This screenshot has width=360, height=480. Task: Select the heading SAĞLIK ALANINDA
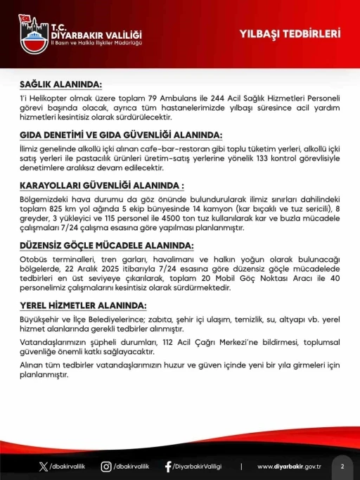[x=60, y=84]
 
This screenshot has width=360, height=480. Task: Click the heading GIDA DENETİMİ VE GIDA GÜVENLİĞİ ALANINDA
[x=112, y=134]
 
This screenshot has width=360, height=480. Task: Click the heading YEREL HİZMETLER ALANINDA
[x=84, y=306]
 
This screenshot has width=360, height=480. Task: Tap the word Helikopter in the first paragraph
[x=49, y=97]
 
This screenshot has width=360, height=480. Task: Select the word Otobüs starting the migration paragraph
[x=32, y=259]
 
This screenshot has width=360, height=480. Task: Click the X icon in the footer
[x=44, y=466]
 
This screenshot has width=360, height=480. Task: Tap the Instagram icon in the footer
[x=106, y=466]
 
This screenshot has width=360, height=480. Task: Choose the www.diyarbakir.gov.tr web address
[x=290, y=467]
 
